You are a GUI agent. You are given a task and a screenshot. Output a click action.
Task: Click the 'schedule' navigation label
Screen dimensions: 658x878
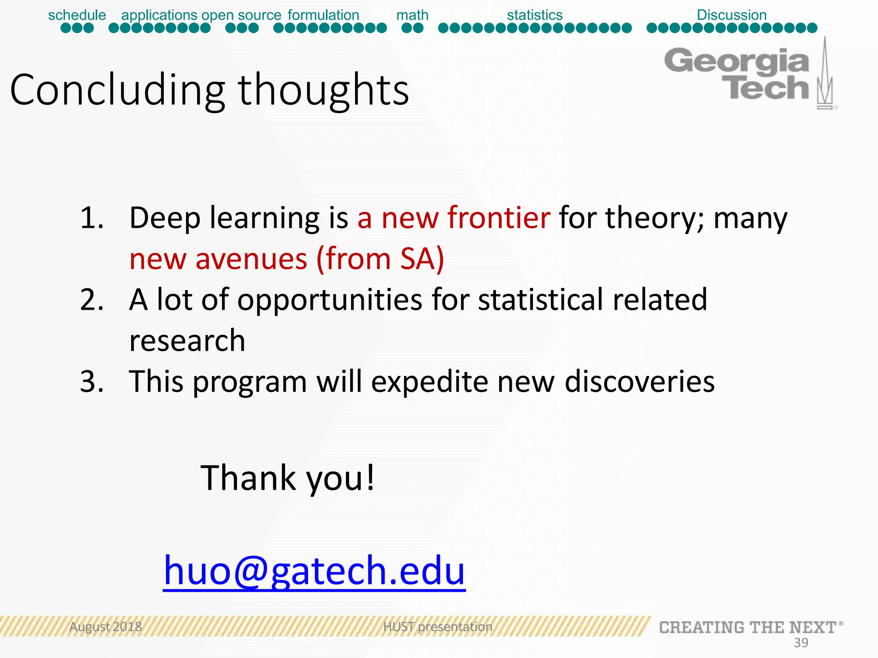pyautogui.click(x=77, y=15)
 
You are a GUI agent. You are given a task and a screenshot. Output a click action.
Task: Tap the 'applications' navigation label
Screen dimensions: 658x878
pyautogui.click(x=159, y=15)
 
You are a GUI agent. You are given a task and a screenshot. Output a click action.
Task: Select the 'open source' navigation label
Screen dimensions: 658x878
pyautogui.click(x=241, y=15)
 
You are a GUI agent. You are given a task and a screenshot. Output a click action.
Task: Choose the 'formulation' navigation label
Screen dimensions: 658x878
pyautogui.click(x=323, y=15)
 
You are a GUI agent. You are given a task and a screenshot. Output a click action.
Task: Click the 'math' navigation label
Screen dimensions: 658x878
pyautogui.click(x=412, y=15)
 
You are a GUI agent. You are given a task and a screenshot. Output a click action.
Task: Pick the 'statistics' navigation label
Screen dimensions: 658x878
pyautogui.click(x=535, y=15)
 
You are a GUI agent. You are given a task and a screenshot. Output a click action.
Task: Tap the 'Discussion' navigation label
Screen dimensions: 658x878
pyautogui.click(x=731, y=15)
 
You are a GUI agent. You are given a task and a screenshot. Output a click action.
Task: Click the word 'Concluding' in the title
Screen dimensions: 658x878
pyautogui.click(x=117, y=90)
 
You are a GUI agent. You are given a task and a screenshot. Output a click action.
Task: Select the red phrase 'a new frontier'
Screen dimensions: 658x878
pyautogui.click(x=454, y=218)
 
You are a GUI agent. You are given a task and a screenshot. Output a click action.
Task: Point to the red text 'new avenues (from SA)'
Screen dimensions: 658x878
pyautogui.click(x=286, y=259)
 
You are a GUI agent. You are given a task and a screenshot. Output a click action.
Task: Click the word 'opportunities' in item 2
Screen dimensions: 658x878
pyautogui.click(x=329, y=299)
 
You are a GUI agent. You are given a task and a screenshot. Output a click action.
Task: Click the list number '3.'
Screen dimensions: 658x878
pyautogui.click(x=92, y=381)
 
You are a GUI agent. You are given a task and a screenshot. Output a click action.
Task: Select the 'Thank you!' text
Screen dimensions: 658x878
pyautogui.click(x=287, y=478)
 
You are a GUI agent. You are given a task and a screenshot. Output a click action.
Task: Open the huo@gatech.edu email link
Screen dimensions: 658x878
pyautogui.click(x=314, y=571)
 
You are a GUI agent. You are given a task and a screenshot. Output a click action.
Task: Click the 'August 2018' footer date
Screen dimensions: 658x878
pyautogui.click(x=105, y=627)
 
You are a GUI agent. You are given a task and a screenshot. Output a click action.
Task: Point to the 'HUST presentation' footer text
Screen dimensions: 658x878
pyautogui.click(x=438, y=627)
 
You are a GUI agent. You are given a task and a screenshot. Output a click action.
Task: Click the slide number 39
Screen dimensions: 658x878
pyautogui.click(x=801, y=643)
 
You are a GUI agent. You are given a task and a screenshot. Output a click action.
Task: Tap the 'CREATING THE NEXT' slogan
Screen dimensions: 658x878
pyautogui.click(x=748, y=628)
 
